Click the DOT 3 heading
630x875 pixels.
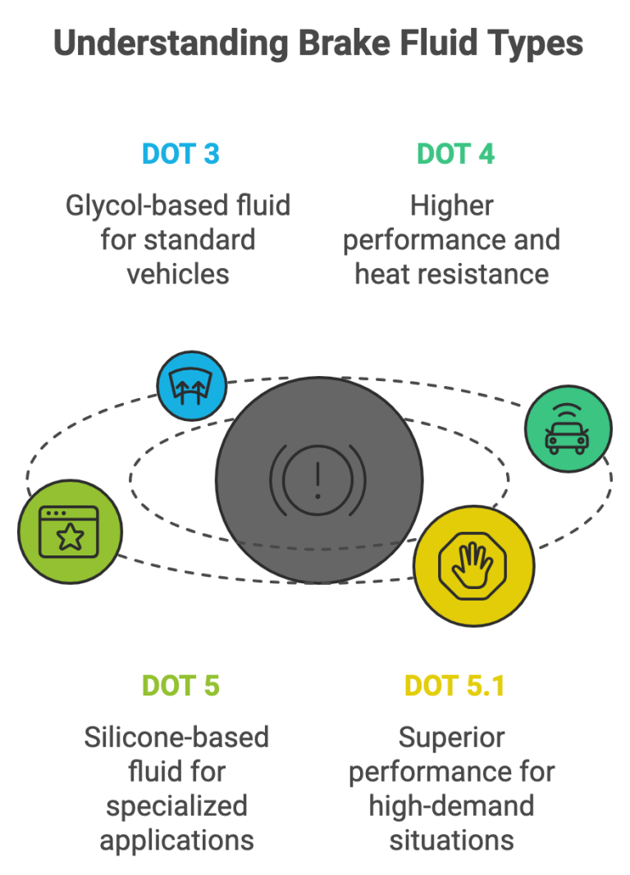pyautogui.click(x=180, y=153)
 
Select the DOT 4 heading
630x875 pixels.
pyautogui.click(x=455, y=153)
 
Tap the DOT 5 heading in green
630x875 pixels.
pyautogui.click(x=180, y=685)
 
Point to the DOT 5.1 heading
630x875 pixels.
pyautogui.click(x=454, y=685)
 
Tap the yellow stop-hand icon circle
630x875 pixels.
pyautogui.click(x=473, y=565)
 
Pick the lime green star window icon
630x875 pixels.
pyautogui.click(x=70, y=531)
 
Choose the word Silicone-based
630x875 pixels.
pyautogui.click(x=176, y=737)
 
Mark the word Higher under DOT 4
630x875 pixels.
pyautogui.click(x=452, y=205)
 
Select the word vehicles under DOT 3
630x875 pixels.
pyautogui.click(x=178, y=273)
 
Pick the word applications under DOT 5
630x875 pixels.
pyautogui.click(x=178, y=840)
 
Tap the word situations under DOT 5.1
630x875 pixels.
pyautogui.click(x=452, y=840)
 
